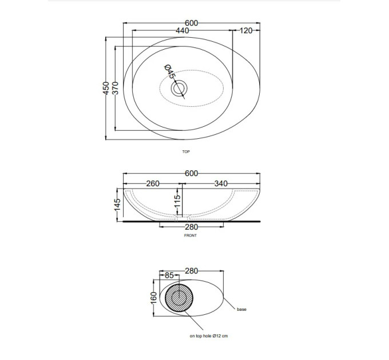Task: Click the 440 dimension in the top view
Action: [182, 30]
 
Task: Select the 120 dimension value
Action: [246, 30]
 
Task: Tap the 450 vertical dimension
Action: [106, 88]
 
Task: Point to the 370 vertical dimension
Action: [116, 88]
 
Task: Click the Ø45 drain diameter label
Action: [170, 71]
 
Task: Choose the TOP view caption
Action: [186, 151]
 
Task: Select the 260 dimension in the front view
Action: [153, 183]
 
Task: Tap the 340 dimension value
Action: [221, 183]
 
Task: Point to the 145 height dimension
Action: [117, 205]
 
